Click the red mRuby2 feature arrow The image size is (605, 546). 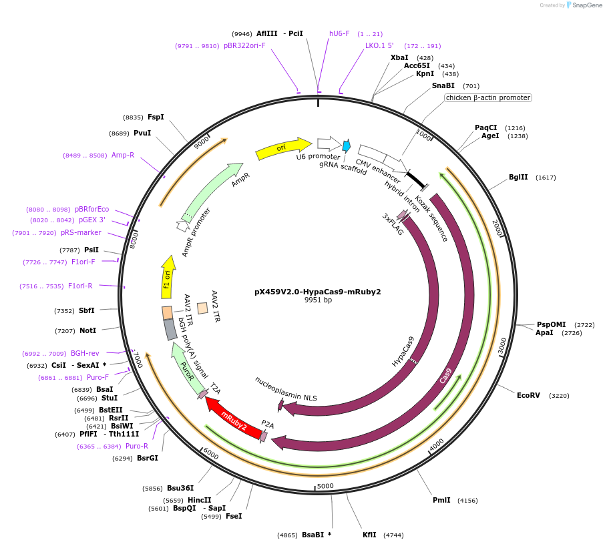point(233,417)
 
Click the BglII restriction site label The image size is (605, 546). point(518,178)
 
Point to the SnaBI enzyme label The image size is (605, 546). point(443,85)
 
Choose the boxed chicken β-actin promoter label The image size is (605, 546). point(488,97)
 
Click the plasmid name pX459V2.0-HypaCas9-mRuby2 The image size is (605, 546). point(318,292)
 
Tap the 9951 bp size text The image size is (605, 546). point(318,300)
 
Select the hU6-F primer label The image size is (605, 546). point(339,33)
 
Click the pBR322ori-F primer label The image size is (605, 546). point(244,45)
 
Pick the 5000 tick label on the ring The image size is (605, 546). point(325,486)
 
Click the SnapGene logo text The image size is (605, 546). point(585,5)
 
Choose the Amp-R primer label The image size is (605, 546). point(123,155)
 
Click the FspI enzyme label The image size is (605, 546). point(156,117)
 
